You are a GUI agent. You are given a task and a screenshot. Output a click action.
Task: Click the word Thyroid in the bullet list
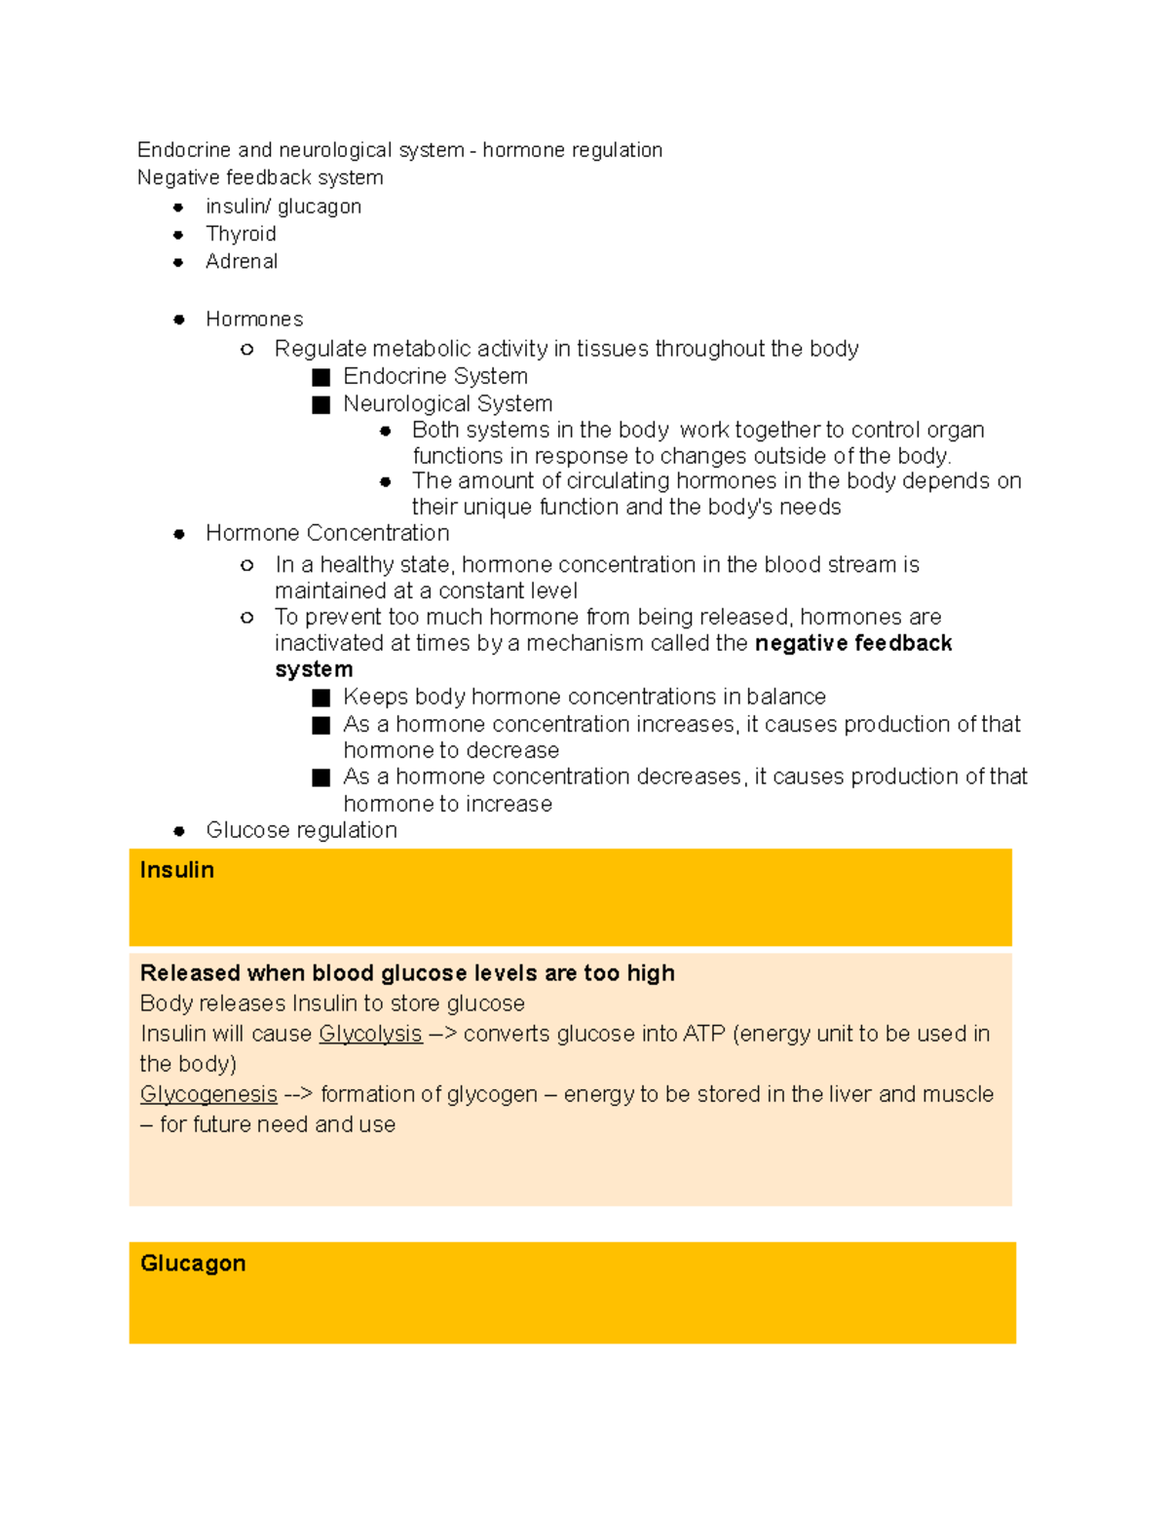(241, 234)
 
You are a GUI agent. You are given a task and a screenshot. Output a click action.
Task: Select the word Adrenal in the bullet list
(242, 261)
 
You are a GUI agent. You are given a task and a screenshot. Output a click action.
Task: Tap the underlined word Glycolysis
(370, 1034)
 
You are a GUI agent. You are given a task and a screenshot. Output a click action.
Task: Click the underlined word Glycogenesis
(208, 1094)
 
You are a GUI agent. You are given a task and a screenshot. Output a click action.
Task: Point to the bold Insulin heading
(176, 870)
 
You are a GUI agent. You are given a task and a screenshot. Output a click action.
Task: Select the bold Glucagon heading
(193, 1264)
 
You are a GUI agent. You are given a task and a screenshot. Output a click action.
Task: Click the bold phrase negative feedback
(853, 643)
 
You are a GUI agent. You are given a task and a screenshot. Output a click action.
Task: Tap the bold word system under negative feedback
(314, 669)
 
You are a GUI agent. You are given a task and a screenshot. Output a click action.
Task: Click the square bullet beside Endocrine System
(321, 377)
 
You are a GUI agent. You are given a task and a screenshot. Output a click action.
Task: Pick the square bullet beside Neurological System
(321, 404)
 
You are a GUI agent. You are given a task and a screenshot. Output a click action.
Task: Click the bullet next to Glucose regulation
(179, 831)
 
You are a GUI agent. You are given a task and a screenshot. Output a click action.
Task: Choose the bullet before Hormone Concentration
(179, 534)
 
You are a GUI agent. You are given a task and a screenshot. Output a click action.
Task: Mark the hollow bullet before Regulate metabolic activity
(247, 349)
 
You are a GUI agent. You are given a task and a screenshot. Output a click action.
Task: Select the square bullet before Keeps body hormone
(321, 698)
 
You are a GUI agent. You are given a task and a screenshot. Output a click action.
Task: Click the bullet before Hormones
(179, 320)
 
